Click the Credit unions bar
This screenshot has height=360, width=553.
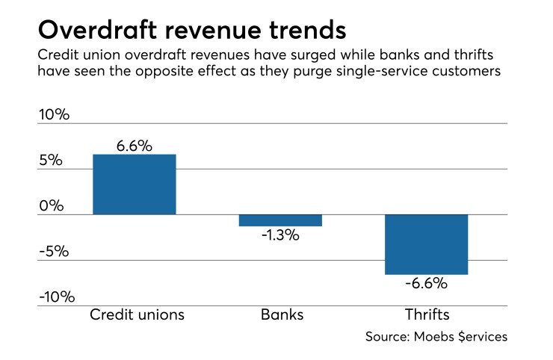134,184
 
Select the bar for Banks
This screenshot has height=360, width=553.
280,220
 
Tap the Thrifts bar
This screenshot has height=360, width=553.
426,244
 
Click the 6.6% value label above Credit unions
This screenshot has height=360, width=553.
134,146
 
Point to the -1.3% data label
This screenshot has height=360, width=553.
279,235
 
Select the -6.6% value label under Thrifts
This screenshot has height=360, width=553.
426,284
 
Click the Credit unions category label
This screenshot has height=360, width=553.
137,314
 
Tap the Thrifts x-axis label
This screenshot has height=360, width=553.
426,314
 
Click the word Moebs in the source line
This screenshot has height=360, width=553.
433,337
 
